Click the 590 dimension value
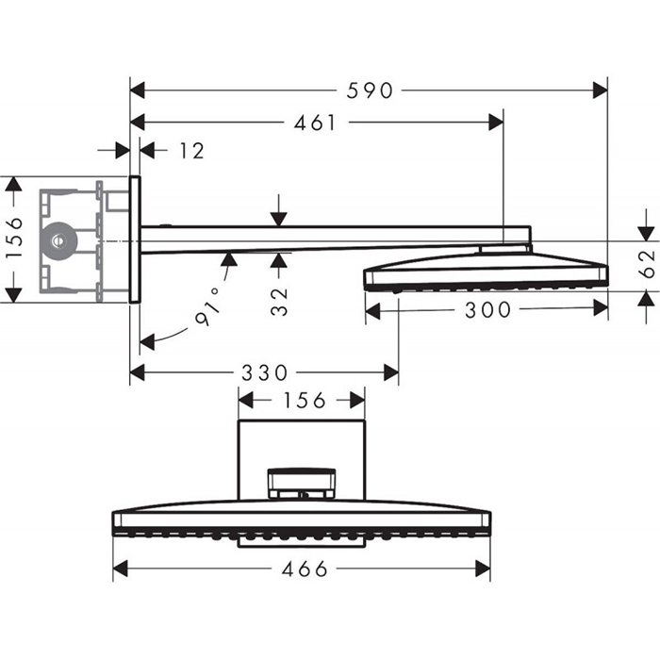[x=368, y=91]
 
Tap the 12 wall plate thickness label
[x=191, y=151]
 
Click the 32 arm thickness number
[x=279, y=299]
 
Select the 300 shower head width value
[x=487, y=309]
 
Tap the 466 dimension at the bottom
[x=305, y=569]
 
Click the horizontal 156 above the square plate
[x=302, y=400]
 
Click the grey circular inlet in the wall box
[x=59, y=240]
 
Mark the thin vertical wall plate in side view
[x=135, y=239]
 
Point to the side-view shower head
[x=486, y=270]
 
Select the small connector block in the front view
[x=302, y=483]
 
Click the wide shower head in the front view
[x=302, y=523]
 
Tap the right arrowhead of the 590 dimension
[x=600, y=91]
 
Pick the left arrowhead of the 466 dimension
[x=121, y=569]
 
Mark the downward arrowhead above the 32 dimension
[x=279, y=219]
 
